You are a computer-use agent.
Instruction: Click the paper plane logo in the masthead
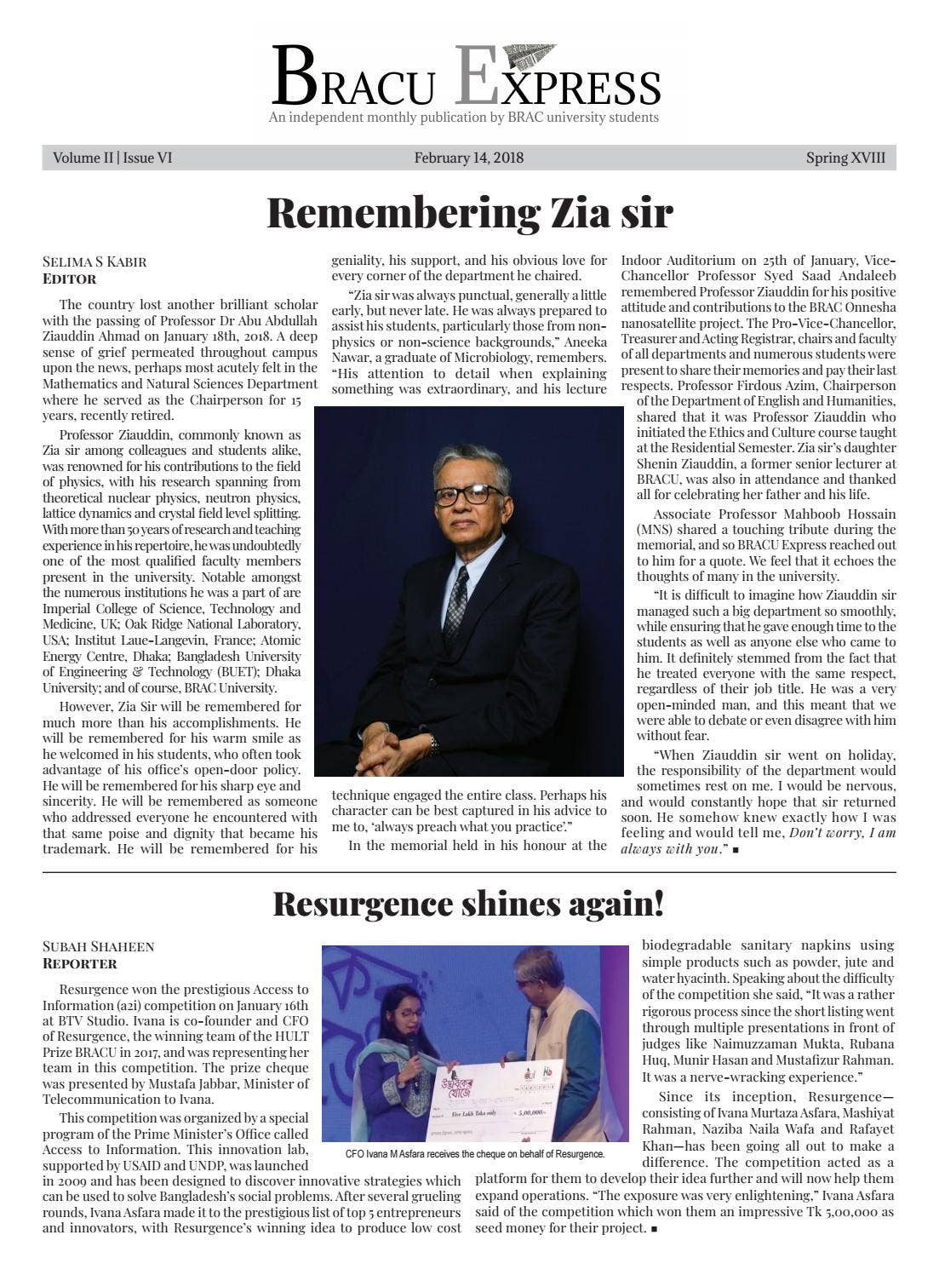point(529,56)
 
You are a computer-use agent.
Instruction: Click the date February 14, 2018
point(468,158)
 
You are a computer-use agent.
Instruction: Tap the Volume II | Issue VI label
point(112,158)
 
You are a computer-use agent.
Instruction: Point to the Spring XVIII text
point(845,158)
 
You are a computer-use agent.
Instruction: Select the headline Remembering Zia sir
point(469,213)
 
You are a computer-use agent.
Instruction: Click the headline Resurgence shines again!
point(468,904)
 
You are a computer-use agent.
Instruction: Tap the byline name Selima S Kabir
point(94,261)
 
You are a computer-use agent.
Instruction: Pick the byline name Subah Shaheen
point(99,946)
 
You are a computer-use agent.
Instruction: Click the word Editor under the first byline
point(70,279)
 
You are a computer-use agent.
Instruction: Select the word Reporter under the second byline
point(80,963)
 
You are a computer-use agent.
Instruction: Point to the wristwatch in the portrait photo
point(433,744)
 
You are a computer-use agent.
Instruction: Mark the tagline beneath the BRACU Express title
point(464,118)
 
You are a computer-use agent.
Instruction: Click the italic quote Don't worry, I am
point(842,833)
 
